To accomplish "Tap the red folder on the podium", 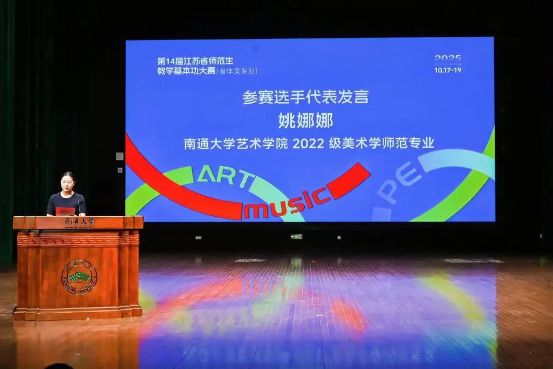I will tap(65, 211).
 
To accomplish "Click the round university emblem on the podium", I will tap(79, 277).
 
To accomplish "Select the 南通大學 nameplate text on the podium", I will tap(80, 222).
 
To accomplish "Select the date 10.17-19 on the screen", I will tap(448, 70).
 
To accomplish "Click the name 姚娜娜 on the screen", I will tap(306, 121).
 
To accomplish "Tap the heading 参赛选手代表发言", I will tap(306, 97).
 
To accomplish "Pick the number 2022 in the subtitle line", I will tap(308, 144).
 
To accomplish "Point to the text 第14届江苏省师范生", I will tap(195, 61).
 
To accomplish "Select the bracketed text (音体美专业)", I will tap(237, 71).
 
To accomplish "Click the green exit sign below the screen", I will tap(296, 236).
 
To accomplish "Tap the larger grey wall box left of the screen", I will tap(119, 156).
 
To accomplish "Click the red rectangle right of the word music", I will tap(348, 181).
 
